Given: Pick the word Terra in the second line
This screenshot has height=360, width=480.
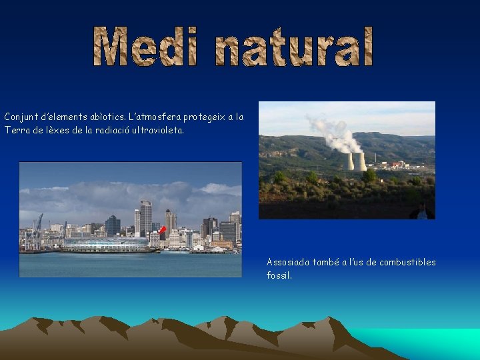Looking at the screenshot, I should pos(16,131).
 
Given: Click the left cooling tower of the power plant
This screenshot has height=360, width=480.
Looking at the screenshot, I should pos(348,162).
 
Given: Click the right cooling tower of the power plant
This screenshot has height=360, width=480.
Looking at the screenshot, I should pos(360,162).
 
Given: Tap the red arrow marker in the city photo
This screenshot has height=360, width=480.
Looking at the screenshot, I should pos(162,231).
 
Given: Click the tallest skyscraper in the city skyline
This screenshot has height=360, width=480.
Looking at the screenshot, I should pos(146,217).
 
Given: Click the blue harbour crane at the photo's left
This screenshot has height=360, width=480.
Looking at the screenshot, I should pos(38,227).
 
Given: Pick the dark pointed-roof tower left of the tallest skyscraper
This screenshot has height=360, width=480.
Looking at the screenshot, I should pos(113,225).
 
